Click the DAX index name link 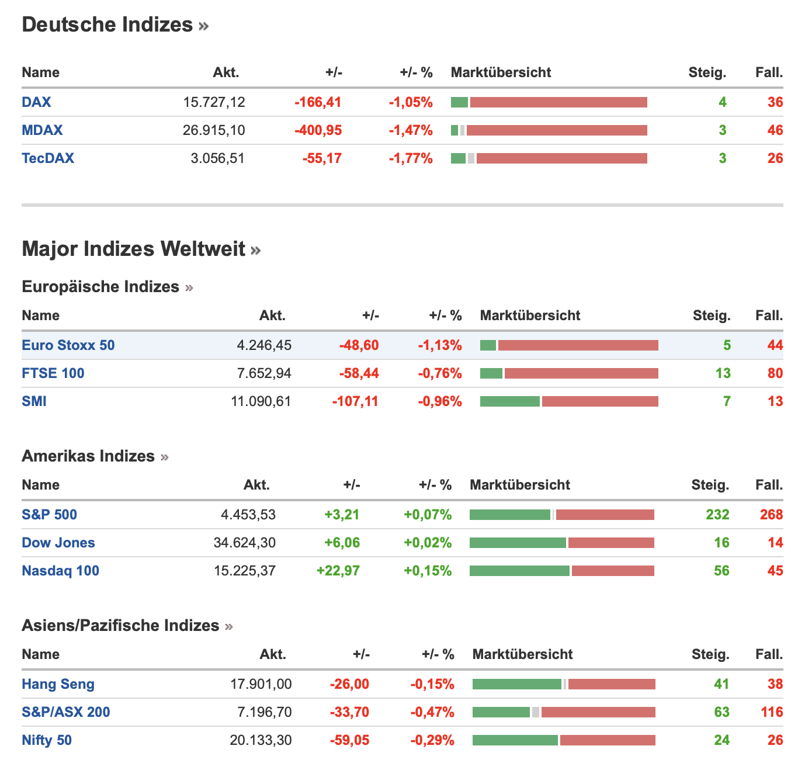[x=36, y=102]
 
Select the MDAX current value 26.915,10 [x=214, y=130]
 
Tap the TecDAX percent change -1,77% [x=411, y=158]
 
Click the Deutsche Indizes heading [x=107, y=25]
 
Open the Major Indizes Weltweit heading [x=133, y=249]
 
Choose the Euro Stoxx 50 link [x=68, y=345]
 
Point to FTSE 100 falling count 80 [x=775, y=373]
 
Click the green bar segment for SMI [x=509, y=401]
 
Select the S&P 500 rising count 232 [x=717, y=515]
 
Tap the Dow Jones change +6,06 [x=342, y=543]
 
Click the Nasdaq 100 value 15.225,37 [x=245, y=571]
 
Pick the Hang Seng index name [x=58, y=684]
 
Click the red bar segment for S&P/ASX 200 [x=598, y=712]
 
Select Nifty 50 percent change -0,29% [x=432, y=740]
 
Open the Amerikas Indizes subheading [x=88, y=456]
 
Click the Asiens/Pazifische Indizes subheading [x=120, y=626]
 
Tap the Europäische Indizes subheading [x=100, y=287]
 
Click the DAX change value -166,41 [x=318, y=102]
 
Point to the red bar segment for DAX [x=558, y=102]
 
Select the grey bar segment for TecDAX [x=471, y=158]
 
